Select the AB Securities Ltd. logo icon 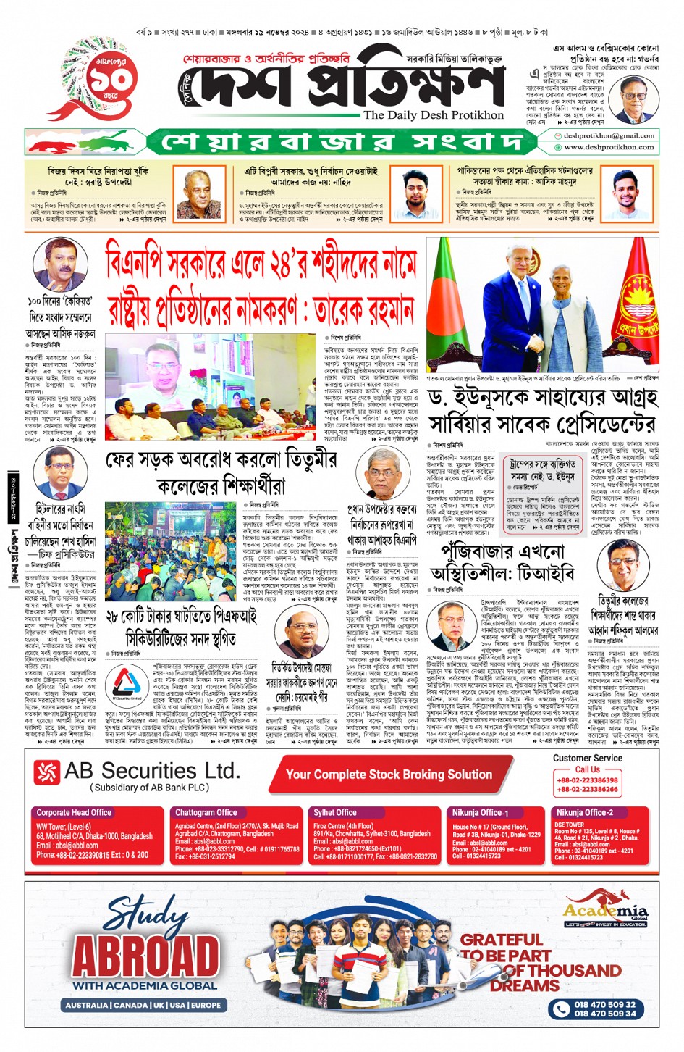click(47, 772)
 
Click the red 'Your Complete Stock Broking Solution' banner click(389, 775)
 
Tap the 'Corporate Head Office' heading click(74, 812)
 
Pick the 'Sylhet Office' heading click(334, 812)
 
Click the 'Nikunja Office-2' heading click(584, 812)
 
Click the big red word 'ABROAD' click(145, 956)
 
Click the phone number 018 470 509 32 click(604, 1004)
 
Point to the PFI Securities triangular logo click(127, 682)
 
